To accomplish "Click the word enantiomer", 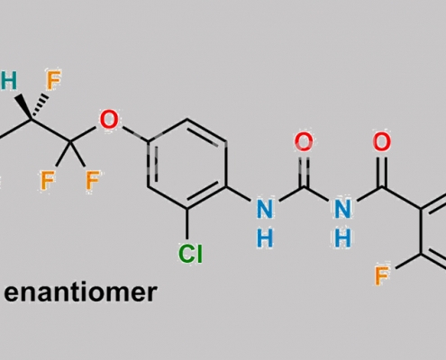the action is [x=80, y=292].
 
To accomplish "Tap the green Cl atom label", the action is [x=190, y=254].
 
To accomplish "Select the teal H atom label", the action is [x=8, y=80].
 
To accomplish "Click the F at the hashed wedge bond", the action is [x=53, y=80].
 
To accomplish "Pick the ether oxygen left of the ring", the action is [x=109, y=120].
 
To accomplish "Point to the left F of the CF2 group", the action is [x=48, y=180].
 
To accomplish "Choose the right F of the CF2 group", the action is [x=93, y=180].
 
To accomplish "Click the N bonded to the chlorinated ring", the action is [x=265, y=209].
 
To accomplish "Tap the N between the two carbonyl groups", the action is [x=342, y=209].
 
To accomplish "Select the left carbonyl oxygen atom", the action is [x=304, y=141].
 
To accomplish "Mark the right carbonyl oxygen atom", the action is [x=382, y=141].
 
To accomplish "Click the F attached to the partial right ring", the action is [x=382, y=276].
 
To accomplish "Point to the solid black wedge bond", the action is [x=23, y=107].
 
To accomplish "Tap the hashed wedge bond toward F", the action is [x=40, y=105].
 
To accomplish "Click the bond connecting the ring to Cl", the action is [x=187, y=224].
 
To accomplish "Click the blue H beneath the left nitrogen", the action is [x=265, y=238].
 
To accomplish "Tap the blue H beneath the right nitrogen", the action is [x=342, y=238].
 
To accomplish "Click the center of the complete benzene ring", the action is [x=187, y=164].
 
